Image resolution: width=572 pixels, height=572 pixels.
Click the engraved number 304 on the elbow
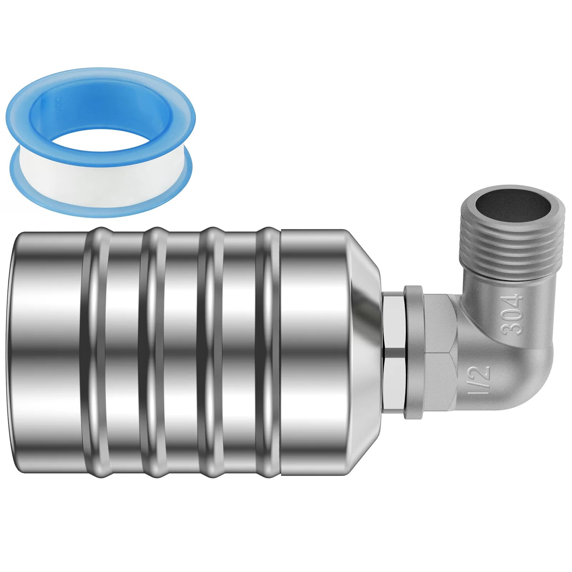(x=512, y=314)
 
